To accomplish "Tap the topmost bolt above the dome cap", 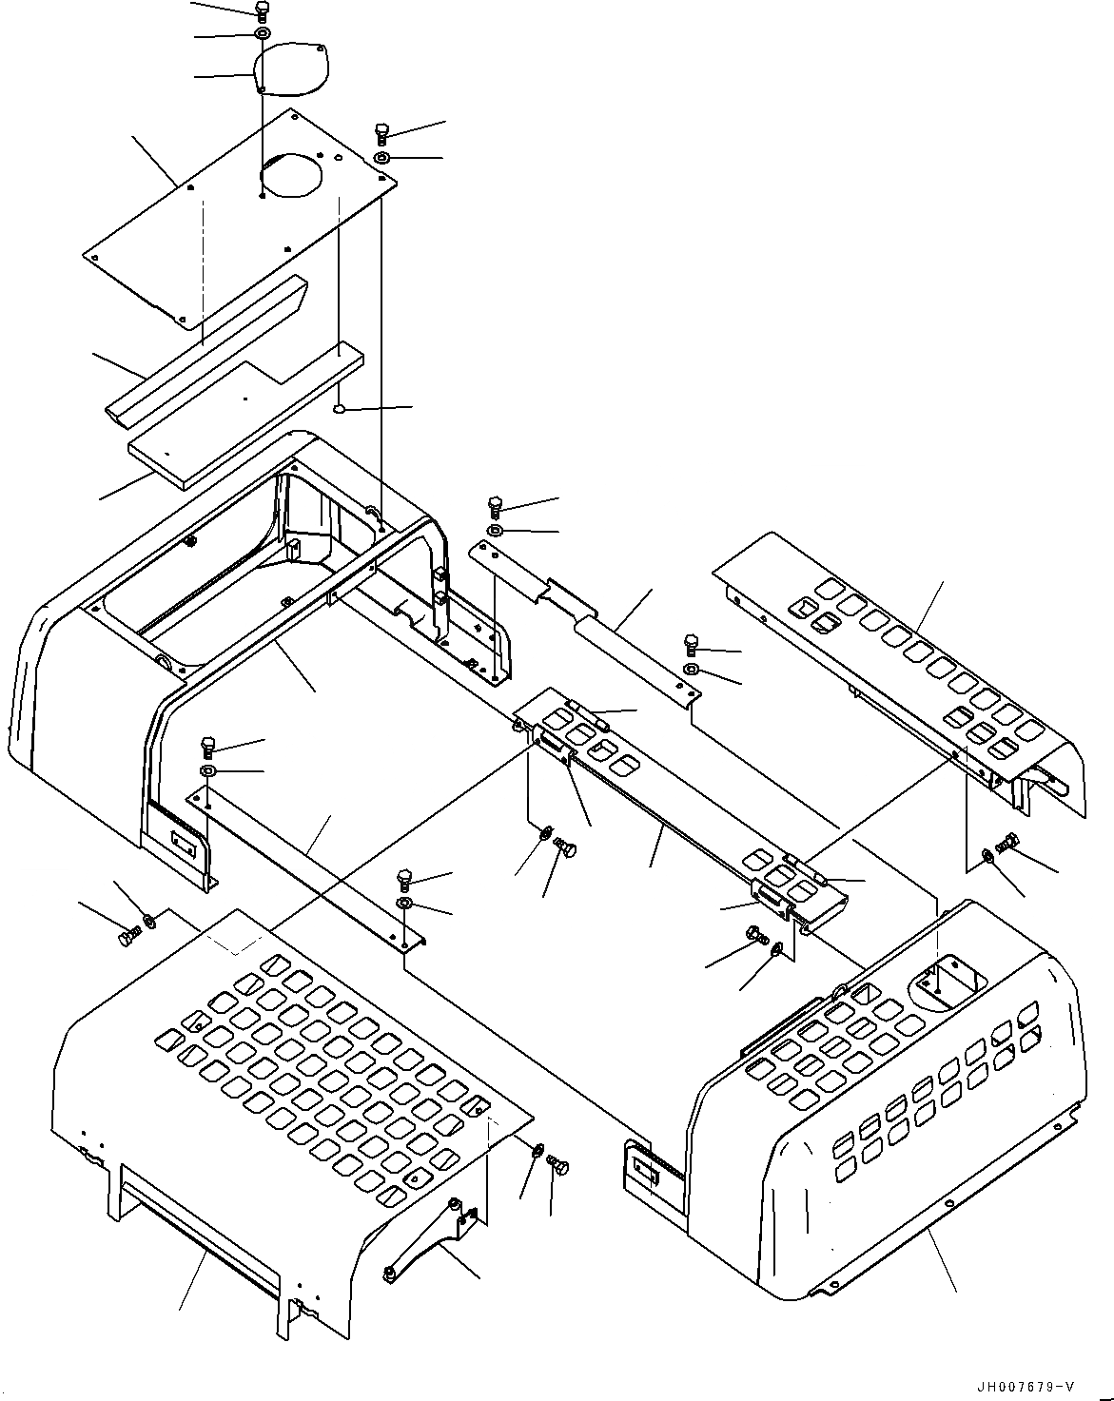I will pyautogui.click(x=262, y=11).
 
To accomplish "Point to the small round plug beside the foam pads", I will pyautogui.click(x=339, y=409).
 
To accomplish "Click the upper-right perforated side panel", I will pyautogui.click(x=904, y=675).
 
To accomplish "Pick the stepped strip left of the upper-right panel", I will pyautogui.click(x=590, y=609).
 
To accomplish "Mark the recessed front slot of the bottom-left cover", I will pyautogui.click(x=200, y=1236).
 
